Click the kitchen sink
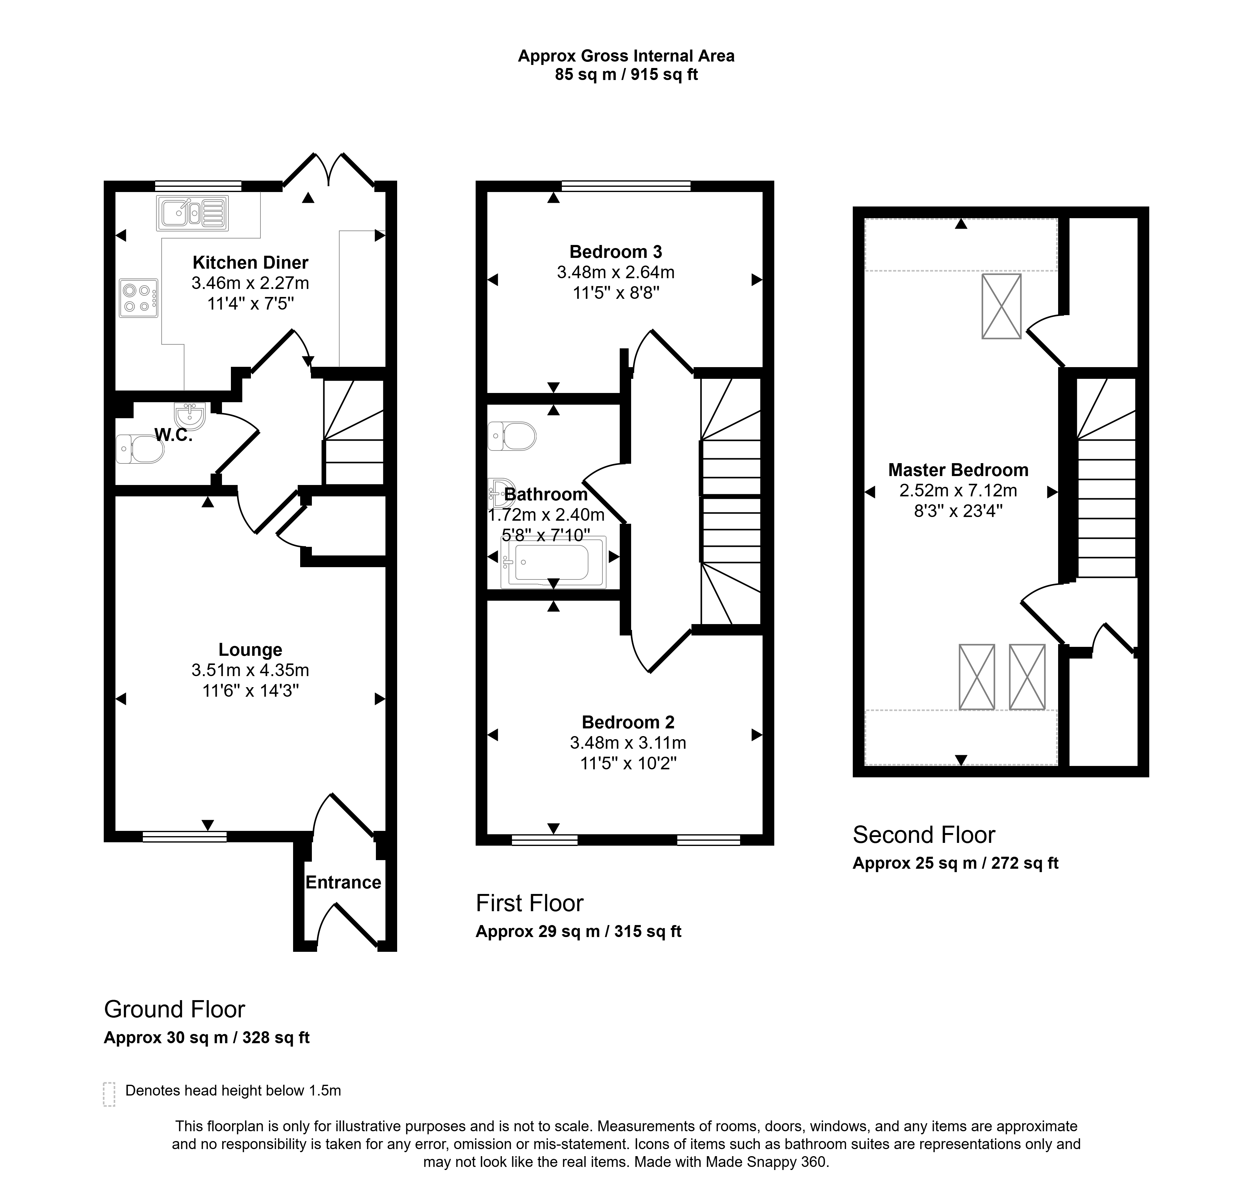191,213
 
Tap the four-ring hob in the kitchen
138,298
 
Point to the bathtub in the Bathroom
553,562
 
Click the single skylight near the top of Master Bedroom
1001,306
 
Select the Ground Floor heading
175,1009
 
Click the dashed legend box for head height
109,1094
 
